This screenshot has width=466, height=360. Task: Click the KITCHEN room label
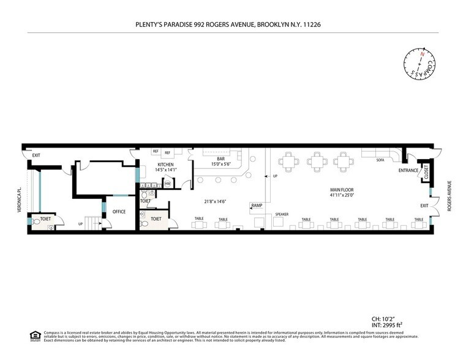[x=166, y=165]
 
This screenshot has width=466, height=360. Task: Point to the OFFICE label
[x=119, y=212]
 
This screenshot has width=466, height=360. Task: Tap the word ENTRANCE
[x=408, y=170]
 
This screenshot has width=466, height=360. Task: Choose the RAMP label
[x=257, y=205]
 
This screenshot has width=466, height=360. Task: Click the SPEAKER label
[x=282, y=214]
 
